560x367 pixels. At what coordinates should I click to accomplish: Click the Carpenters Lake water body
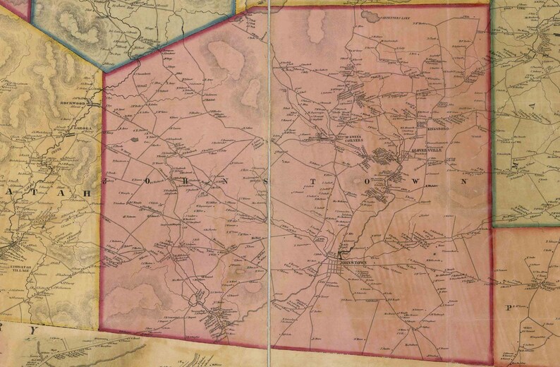pos(368,13)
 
